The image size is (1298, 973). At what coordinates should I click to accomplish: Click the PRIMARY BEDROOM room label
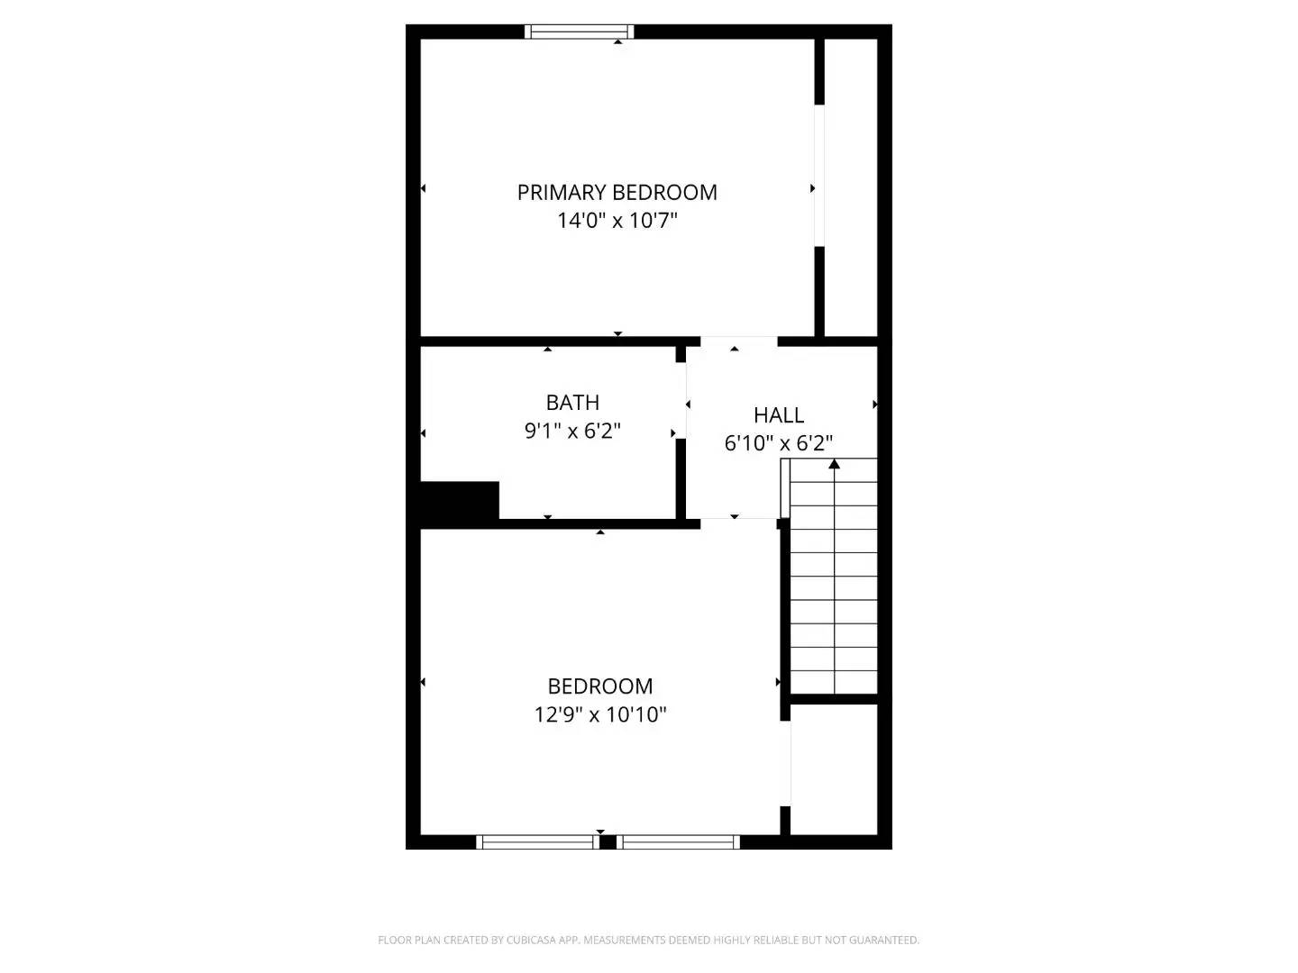617,192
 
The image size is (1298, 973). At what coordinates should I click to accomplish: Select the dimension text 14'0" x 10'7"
617,221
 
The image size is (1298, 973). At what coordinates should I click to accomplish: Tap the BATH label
572,403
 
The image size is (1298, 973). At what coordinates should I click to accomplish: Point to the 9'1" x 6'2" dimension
572,432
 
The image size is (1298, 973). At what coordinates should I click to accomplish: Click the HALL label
779,415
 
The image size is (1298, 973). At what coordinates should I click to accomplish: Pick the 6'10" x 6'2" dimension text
779,443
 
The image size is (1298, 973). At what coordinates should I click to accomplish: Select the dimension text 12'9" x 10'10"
600,715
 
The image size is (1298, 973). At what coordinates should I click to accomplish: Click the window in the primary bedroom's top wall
580,32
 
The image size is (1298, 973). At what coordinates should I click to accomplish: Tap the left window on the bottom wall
536,842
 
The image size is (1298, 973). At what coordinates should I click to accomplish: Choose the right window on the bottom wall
678,842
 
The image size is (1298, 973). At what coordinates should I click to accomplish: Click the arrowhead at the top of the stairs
835,464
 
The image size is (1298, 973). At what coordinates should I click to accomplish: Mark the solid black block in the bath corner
460,501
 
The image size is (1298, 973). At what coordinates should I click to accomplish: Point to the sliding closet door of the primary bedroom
819,176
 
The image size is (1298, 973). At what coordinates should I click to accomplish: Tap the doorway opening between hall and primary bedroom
738,341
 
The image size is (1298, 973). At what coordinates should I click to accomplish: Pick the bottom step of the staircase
834,682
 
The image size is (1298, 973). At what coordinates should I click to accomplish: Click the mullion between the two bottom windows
608,842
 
